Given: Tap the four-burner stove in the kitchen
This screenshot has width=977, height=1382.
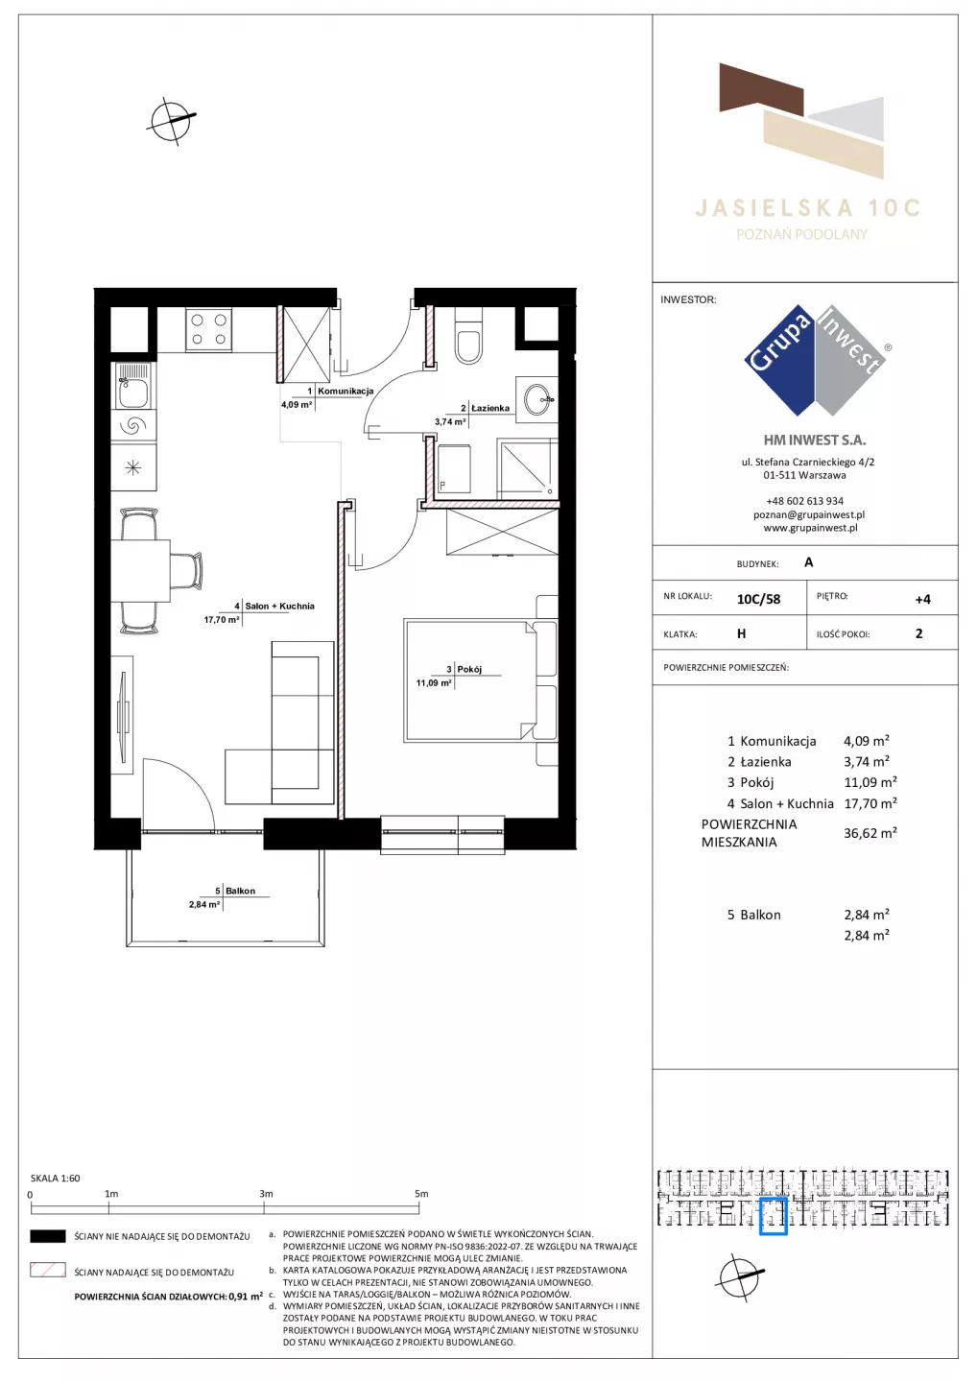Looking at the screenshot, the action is coord(208,329).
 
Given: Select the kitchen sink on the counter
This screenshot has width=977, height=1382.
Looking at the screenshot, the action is coord(133,386).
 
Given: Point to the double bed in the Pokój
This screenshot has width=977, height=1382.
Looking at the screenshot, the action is coord(481,680).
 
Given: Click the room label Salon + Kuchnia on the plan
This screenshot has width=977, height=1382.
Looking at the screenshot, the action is coord(280,606).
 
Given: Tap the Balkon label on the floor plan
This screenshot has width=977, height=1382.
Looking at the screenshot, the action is coord(240,891).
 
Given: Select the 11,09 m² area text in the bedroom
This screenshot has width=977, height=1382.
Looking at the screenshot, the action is coord(434,683).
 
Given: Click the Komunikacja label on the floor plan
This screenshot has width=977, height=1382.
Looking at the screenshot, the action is coord(346,392).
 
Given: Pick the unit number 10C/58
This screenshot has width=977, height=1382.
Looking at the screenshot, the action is coord(758,599).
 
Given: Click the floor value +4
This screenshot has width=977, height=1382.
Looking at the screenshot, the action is coord(922,599).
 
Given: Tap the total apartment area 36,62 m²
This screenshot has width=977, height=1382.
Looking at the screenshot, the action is coord(870,833).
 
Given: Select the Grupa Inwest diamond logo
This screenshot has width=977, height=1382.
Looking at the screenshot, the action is coord(815,360).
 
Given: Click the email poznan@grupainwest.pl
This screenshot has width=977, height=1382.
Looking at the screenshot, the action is coord(809,514).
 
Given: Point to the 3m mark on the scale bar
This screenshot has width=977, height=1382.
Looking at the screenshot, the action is coord(266,1194).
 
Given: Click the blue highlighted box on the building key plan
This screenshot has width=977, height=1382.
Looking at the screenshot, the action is coord(773,1217).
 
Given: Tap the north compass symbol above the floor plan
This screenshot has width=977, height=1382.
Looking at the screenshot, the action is coord(171,121).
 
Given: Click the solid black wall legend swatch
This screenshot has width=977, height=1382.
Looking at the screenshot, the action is coord(47,1236).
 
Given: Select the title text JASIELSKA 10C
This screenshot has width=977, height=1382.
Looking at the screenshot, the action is coord(807,208).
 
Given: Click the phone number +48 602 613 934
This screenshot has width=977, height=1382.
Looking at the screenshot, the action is coord(804,501).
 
